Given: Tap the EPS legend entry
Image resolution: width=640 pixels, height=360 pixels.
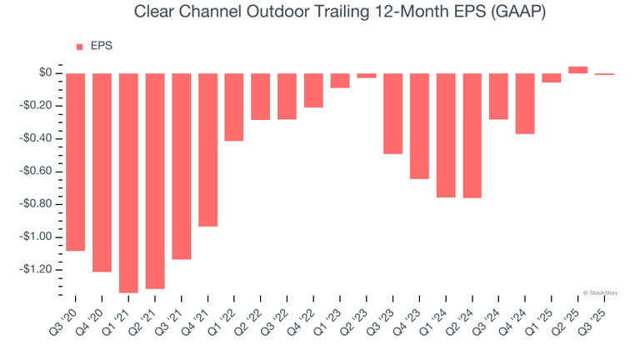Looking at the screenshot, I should [95, 47].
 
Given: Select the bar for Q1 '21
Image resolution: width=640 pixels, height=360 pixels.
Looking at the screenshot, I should [128, 182].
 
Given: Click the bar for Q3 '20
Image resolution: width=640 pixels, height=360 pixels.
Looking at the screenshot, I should [75, 162].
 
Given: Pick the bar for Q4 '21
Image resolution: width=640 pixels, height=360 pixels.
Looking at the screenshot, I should [207, 150].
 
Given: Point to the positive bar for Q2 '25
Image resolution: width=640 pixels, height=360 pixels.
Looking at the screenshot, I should [577, 70].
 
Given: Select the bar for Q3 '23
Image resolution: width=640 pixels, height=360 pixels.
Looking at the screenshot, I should [392, 113].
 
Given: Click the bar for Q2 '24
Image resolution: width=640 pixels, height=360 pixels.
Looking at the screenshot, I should [472, 135].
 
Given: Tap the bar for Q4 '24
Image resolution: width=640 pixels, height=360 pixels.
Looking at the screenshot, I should [525, 103].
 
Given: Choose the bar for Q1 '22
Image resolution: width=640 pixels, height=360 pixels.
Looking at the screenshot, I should [234, 107].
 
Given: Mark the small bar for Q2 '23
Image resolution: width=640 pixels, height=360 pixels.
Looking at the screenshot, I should [366, 76].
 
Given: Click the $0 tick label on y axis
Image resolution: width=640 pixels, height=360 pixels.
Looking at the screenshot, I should [46, 73].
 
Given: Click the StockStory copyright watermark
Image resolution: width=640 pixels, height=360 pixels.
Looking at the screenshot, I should [604, 292].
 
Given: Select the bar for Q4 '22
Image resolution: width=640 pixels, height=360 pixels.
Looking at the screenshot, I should [313, 90].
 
